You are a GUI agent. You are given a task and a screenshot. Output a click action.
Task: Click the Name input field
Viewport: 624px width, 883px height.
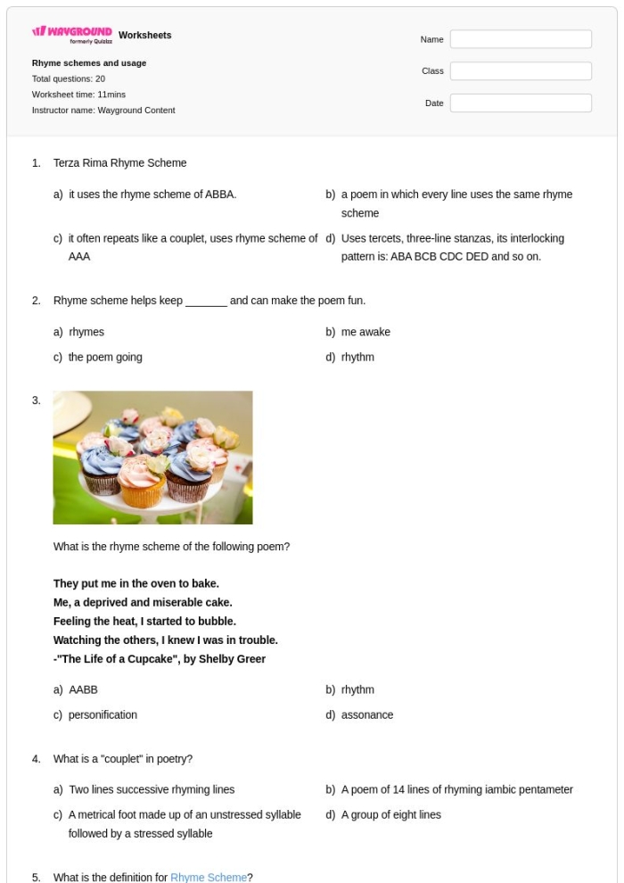(521, 39)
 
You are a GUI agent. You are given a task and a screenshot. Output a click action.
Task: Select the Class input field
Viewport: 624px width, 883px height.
(521, 71)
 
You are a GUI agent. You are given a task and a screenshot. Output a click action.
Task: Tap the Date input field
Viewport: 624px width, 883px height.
(521, 103)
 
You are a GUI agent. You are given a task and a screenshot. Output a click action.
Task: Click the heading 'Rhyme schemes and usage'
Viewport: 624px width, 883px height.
(89, 63)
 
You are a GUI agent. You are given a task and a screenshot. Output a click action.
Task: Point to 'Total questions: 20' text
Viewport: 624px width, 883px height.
(69, 78)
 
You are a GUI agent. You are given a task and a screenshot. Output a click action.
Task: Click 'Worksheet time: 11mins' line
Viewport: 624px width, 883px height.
(78, 95)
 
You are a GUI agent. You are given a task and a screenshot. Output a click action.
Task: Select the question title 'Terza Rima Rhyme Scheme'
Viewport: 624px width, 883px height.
(120, 163)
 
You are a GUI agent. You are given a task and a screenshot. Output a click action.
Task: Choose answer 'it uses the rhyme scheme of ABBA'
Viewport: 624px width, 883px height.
(152, 194)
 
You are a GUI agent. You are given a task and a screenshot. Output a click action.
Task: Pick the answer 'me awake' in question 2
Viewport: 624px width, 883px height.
(365, 332)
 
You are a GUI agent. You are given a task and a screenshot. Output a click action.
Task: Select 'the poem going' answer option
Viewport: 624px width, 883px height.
(105, 357)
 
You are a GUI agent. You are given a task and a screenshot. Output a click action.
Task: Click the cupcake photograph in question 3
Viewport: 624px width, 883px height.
(152, 458)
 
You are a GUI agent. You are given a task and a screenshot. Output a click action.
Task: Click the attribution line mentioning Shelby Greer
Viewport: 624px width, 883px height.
(160, 659)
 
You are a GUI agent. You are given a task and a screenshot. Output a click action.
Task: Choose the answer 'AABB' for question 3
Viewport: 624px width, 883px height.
(83, 689)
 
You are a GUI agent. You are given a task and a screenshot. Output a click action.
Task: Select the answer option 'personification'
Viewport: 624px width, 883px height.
(103, 714)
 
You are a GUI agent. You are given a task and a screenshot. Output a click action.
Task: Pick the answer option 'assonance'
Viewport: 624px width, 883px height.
(367, 714)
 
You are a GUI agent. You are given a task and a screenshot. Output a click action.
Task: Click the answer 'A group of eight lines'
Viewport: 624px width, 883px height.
(391, 814)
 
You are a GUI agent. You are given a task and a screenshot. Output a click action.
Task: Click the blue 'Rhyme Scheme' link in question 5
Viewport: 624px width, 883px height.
(209, 878)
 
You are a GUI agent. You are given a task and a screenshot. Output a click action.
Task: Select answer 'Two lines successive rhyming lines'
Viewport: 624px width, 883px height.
(152, 789)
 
